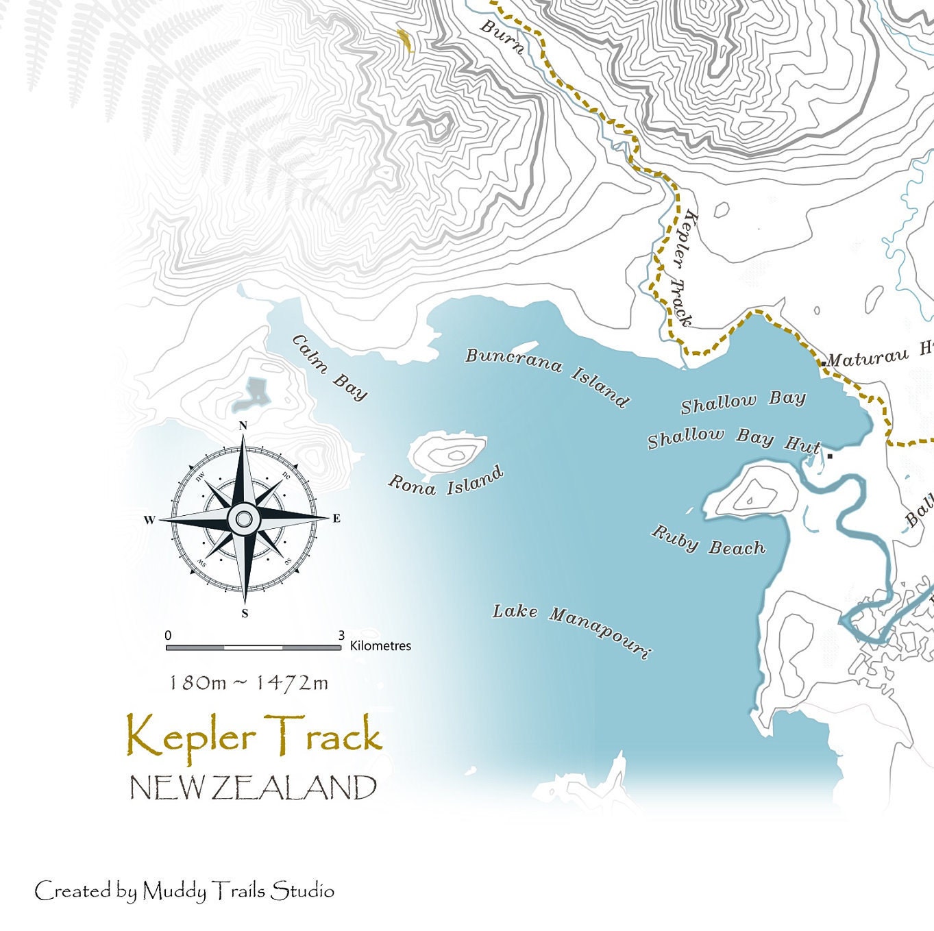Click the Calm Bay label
[x=330, y=367]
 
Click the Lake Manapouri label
[x=571, y=630]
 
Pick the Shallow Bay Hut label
[x=733, y=440]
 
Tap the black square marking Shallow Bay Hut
[x=831, y=456]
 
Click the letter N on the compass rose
[x=243, y=426]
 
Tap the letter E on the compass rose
[x=336, y=519]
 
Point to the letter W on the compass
[x=149, y=520]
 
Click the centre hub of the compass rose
[x=243, y=519]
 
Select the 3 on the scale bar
[x=341, y=636]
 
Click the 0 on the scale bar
[x=168, y=636]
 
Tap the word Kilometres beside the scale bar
[x=380, y=646]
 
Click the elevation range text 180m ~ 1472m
[x=248, y=683]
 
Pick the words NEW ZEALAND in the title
[x=253, y=789]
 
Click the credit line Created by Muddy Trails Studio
[x=184, y=891]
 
